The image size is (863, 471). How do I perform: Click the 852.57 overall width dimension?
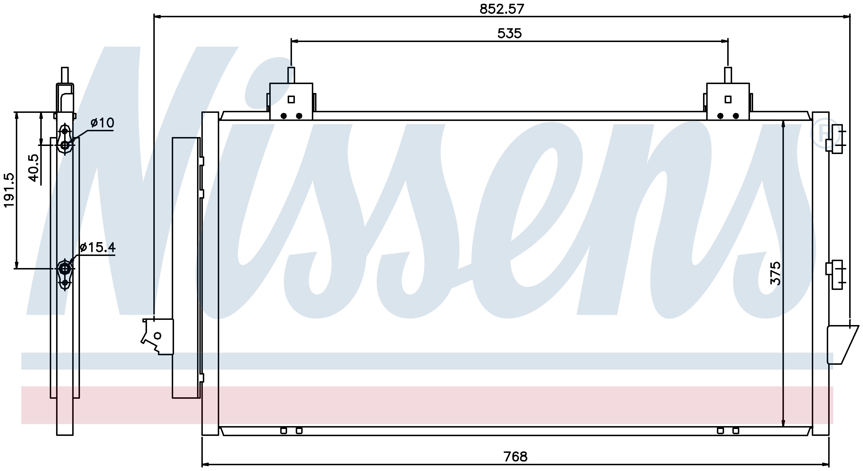pos(501,9)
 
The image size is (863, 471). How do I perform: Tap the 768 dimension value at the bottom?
pos(515,456)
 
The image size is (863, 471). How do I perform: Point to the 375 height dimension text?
pos(775,273)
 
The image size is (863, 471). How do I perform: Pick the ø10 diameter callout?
pos(102,123)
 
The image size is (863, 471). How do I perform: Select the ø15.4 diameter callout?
pos(98,247)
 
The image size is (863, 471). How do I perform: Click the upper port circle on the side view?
pos(65,145)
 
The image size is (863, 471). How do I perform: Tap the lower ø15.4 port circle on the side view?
pos(65,269)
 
